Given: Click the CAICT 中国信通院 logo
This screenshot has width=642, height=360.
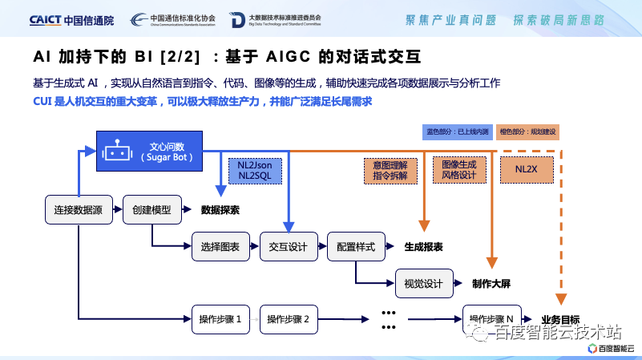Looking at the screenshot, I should [x=71, y=19].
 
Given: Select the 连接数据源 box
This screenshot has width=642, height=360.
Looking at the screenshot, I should [x=78, y=209].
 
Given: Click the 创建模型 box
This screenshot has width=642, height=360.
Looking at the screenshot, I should [x=151, y=209].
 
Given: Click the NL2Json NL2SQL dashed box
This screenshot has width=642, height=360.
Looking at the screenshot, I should [x=255, y=170].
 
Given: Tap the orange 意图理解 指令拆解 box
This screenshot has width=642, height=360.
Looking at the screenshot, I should [x=390, y=170].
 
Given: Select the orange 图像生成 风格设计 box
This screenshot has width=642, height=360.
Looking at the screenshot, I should [x=458, y=170].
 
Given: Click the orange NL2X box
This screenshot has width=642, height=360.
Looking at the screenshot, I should [x=526, y=170].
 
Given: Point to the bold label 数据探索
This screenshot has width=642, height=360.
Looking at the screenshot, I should [x=220, y=210].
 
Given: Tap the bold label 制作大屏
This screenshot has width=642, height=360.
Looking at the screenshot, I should [x=491, y=284].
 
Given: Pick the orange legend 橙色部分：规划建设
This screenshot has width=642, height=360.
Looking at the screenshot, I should [x=527, y=131].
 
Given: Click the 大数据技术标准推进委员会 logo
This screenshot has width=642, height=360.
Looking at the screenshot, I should [x=275, y=19].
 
